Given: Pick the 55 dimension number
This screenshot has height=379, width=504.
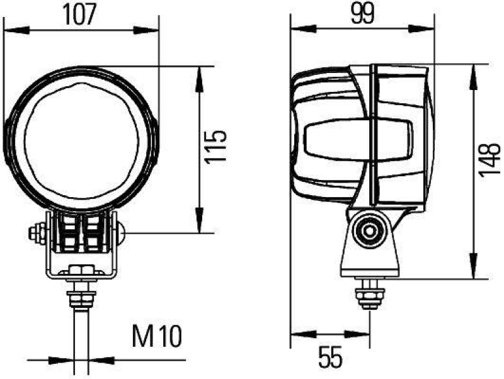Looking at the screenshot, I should pos(329,358).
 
